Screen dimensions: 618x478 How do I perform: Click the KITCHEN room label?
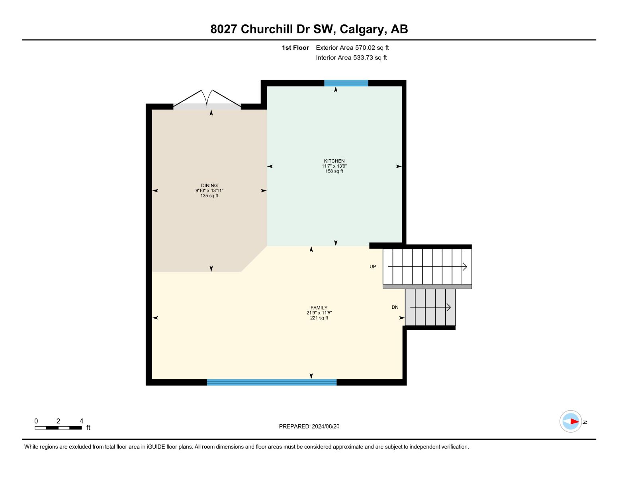point(334,161)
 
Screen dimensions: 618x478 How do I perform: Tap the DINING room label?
point(209,185)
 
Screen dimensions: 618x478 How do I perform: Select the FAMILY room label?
point(319,308)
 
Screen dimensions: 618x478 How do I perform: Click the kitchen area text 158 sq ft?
point(334,171)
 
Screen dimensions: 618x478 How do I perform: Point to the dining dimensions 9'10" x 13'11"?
point(209,190)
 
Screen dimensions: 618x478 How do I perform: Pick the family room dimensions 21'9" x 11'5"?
point(319,313)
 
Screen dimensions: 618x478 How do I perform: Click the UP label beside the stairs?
point(373,267)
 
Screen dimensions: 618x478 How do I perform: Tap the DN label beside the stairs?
point(395,307)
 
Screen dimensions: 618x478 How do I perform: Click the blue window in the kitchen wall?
point(346,83)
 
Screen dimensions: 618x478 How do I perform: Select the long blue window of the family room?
point(272,382)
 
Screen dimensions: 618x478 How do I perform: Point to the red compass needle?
point(574,421)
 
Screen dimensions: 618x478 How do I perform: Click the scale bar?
point(58,428)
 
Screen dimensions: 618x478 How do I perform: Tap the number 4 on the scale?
point(81,421)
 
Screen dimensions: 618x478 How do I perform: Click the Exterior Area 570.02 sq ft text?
point(352,48)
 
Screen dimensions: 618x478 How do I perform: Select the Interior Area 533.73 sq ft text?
point(351,58)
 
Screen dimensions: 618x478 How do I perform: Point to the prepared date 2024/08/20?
point(325,426)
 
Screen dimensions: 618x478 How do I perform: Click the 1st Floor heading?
point(295,48)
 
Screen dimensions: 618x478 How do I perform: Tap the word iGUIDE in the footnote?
point(156,447)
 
